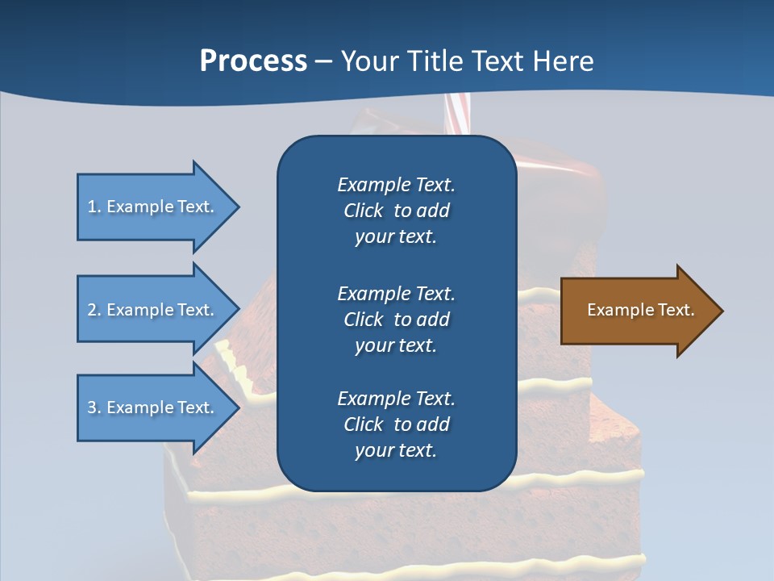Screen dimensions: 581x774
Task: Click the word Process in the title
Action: tap(253, 61)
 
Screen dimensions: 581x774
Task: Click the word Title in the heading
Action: tap(438, 61)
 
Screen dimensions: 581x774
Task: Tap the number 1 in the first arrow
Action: tap(92, 207)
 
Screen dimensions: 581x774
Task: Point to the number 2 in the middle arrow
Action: tap(92, 310)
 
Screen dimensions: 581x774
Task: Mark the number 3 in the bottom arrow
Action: tap(92, 408)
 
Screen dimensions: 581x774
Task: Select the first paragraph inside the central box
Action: tap(396, 211)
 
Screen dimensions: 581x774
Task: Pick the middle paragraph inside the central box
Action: tap(396, 320)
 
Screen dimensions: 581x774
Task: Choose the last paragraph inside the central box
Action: tap(396, 424)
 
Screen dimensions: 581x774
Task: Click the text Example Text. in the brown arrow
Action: tap(640, 310)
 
